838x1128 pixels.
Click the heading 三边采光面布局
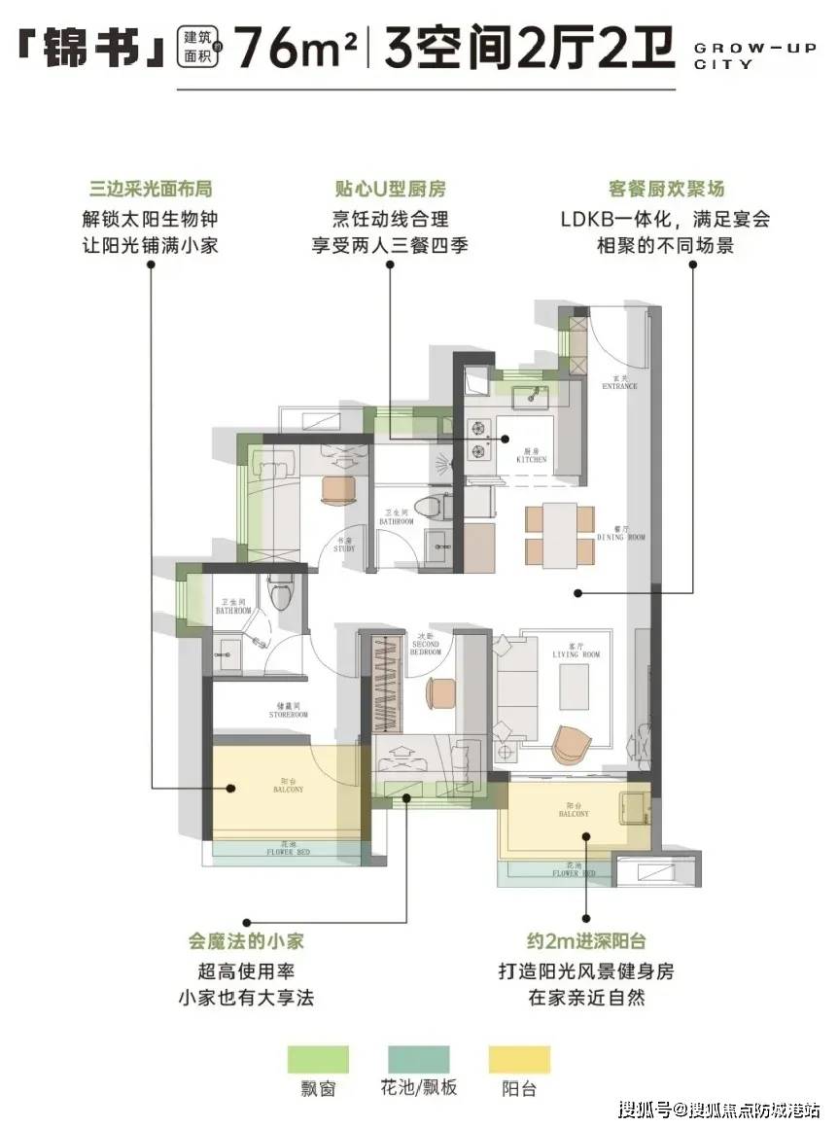pyautogui.click(x=150, y=189)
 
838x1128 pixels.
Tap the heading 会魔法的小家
pyautogui.click(x=246, y=941)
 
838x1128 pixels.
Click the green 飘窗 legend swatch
pyautogui.click(x=318, y=1059)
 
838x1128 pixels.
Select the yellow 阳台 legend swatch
pyautogui.click(x=519, y=1059)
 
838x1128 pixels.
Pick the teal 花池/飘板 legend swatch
pyautogui.click(x=419, y=1059)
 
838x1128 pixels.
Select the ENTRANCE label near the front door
pyautogui.click(x=619, y=383)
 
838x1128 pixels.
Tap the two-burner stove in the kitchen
pyautogui.click(x=478, y=438)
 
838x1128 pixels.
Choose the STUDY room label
pyautogui.click(x=344, y=546)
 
